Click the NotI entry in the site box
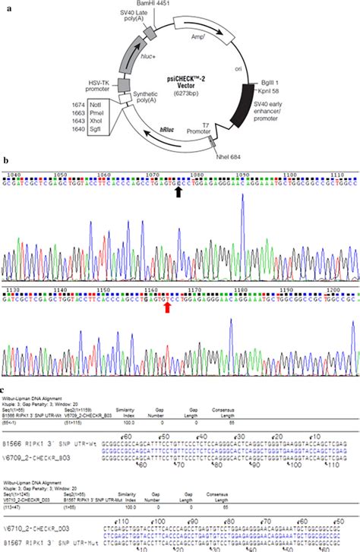click(95, 111)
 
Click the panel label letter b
click(5, 162)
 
